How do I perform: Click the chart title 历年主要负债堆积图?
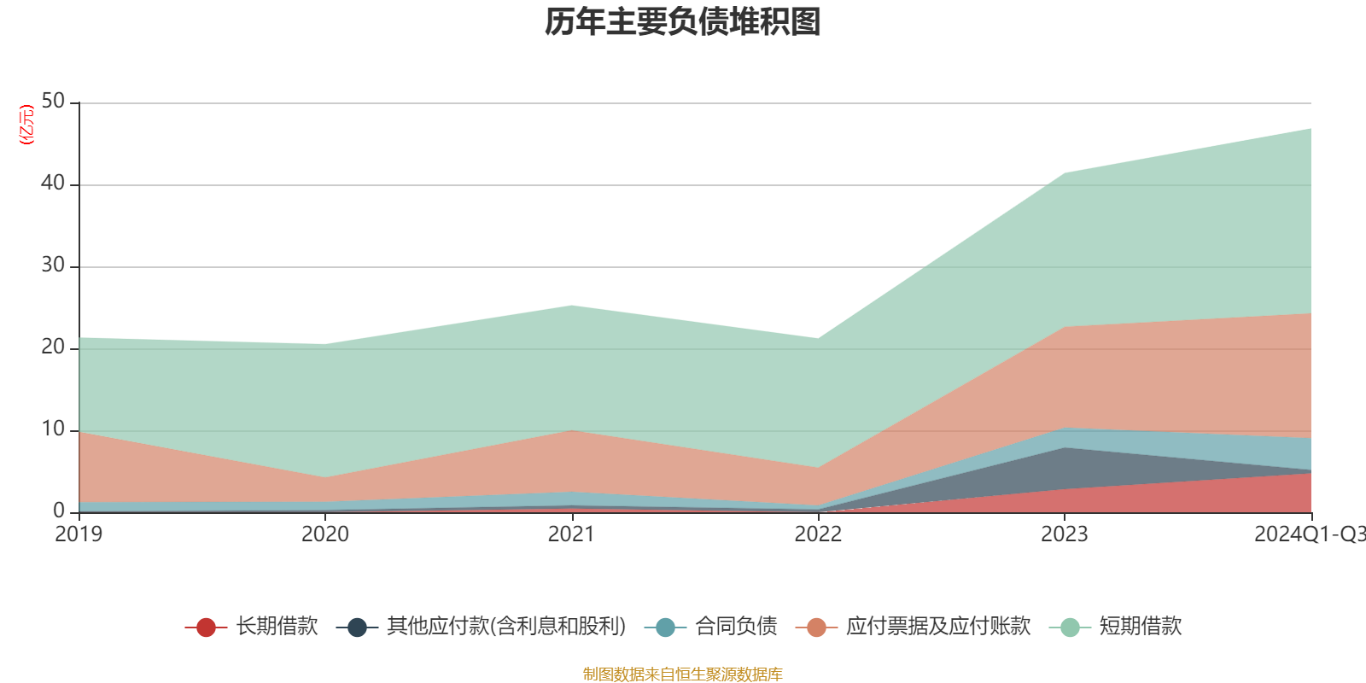683,23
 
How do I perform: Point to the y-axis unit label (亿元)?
26,125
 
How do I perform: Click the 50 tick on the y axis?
53,102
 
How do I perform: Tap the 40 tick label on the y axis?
53,184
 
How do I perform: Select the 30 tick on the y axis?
53,266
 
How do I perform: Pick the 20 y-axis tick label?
53,347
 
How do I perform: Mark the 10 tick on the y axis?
53,429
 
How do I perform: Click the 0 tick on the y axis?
59,511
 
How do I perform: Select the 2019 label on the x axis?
79,534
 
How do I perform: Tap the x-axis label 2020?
325,534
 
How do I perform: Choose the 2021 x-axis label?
571,534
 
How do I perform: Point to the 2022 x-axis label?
818,534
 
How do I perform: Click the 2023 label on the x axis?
1064,534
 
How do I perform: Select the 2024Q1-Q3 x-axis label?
1308,534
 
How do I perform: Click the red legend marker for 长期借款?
206,628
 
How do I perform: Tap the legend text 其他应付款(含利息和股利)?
506,627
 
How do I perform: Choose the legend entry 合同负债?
736,627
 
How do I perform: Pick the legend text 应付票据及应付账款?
938,627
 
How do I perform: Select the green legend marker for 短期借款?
1070,628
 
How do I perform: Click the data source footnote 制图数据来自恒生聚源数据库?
683,674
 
